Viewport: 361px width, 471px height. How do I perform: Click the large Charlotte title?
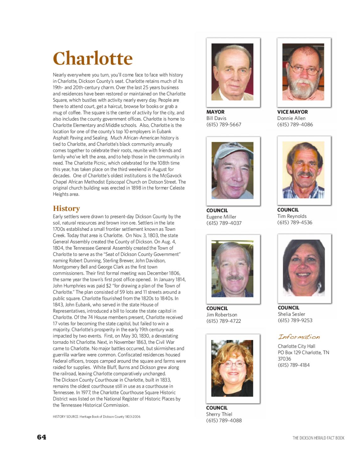click(x=93, y=58)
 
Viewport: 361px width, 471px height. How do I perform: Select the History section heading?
click(x=66, y=208)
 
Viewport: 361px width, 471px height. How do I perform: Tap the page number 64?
click(x=41, y=437)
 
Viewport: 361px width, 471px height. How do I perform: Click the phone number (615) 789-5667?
click(x=224, y=125)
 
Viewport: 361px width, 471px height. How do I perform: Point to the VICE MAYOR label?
click(x=292, y=112)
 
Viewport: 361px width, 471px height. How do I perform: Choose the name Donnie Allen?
click(x=291, y=118)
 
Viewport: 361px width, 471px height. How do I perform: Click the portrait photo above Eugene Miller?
click(x=233, y=171)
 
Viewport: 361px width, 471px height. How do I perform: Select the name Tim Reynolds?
click(x=292, y=216)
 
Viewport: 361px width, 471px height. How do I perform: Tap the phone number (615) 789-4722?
click(x=224, y=321)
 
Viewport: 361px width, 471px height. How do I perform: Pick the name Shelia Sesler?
click(x=291, y=314)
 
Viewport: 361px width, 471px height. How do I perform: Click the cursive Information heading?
click(x=299, y=337)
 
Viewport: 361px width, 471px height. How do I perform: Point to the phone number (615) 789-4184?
click(x=294, y=365)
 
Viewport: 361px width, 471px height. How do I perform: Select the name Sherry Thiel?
click(x=219, y=414)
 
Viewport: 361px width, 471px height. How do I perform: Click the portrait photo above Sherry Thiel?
click(x=232, y=368)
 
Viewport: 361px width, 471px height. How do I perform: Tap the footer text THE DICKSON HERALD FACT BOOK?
click(x=318, y=438)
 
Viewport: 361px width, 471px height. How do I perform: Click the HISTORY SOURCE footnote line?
click(x=96, y=417)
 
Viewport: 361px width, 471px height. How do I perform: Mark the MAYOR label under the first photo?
click(x=215, y=112)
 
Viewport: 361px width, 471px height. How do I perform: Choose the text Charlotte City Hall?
click(x=296, y=346)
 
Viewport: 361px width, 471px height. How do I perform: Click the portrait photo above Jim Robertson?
click(x=233, y=269)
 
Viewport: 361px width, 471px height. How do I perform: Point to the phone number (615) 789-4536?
click(x=294, y=222)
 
